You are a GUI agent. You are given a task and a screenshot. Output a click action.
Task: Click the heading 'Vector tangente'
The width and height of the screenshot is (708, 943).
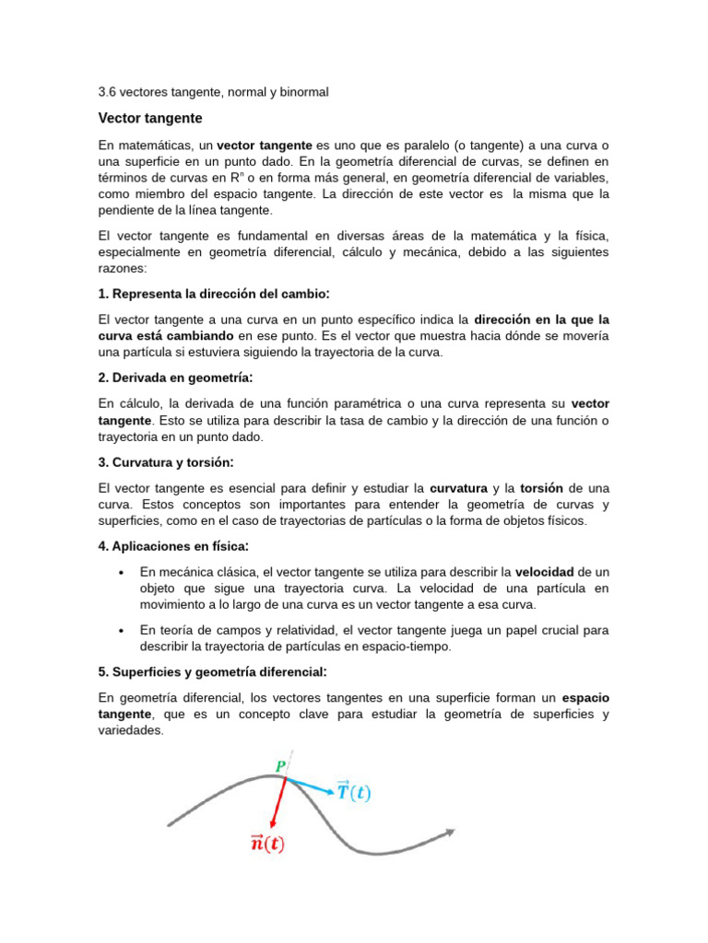coord(149,119)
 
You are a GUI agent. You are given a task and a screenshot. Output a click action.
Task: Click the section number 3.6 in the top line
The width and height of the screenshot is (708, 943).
coord(107,92)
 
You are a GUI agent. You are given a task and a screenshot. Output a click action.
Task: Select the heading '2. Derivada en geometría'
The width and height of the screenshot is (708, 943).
coord(175,378)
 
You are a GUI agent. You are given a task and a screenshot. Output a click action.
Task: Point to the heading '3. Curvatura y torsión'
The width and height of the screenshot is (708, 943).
coord(166,462)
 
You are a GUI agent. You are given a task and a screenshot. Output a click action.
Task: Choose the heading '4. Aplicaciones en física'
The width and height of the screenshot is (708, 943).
coord(174,546)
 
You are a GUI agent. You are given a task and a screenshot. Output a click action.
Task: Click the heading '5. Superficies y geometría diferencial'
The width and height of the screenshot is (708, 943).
coord(213,671)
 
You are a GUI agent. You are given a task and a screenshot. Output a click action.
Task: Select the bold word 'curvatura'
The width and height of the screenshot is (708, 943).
coord(458,487)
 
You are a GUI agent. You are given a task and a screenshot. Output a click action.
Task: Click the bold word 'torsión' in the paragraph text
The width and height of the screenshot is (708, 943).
coord(541,487)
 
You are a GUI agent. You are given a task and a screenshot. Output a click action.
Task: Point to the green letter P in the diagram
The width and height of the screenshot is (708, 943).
coord(280,766)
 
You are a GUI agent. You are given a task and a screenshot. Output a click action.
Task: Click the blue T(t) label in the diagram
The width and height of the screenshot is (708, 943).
coord(353,791)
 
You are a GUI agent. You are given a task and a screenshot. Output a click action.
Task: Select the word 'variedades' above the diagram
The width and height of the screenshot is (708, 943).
coord(130,730)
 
